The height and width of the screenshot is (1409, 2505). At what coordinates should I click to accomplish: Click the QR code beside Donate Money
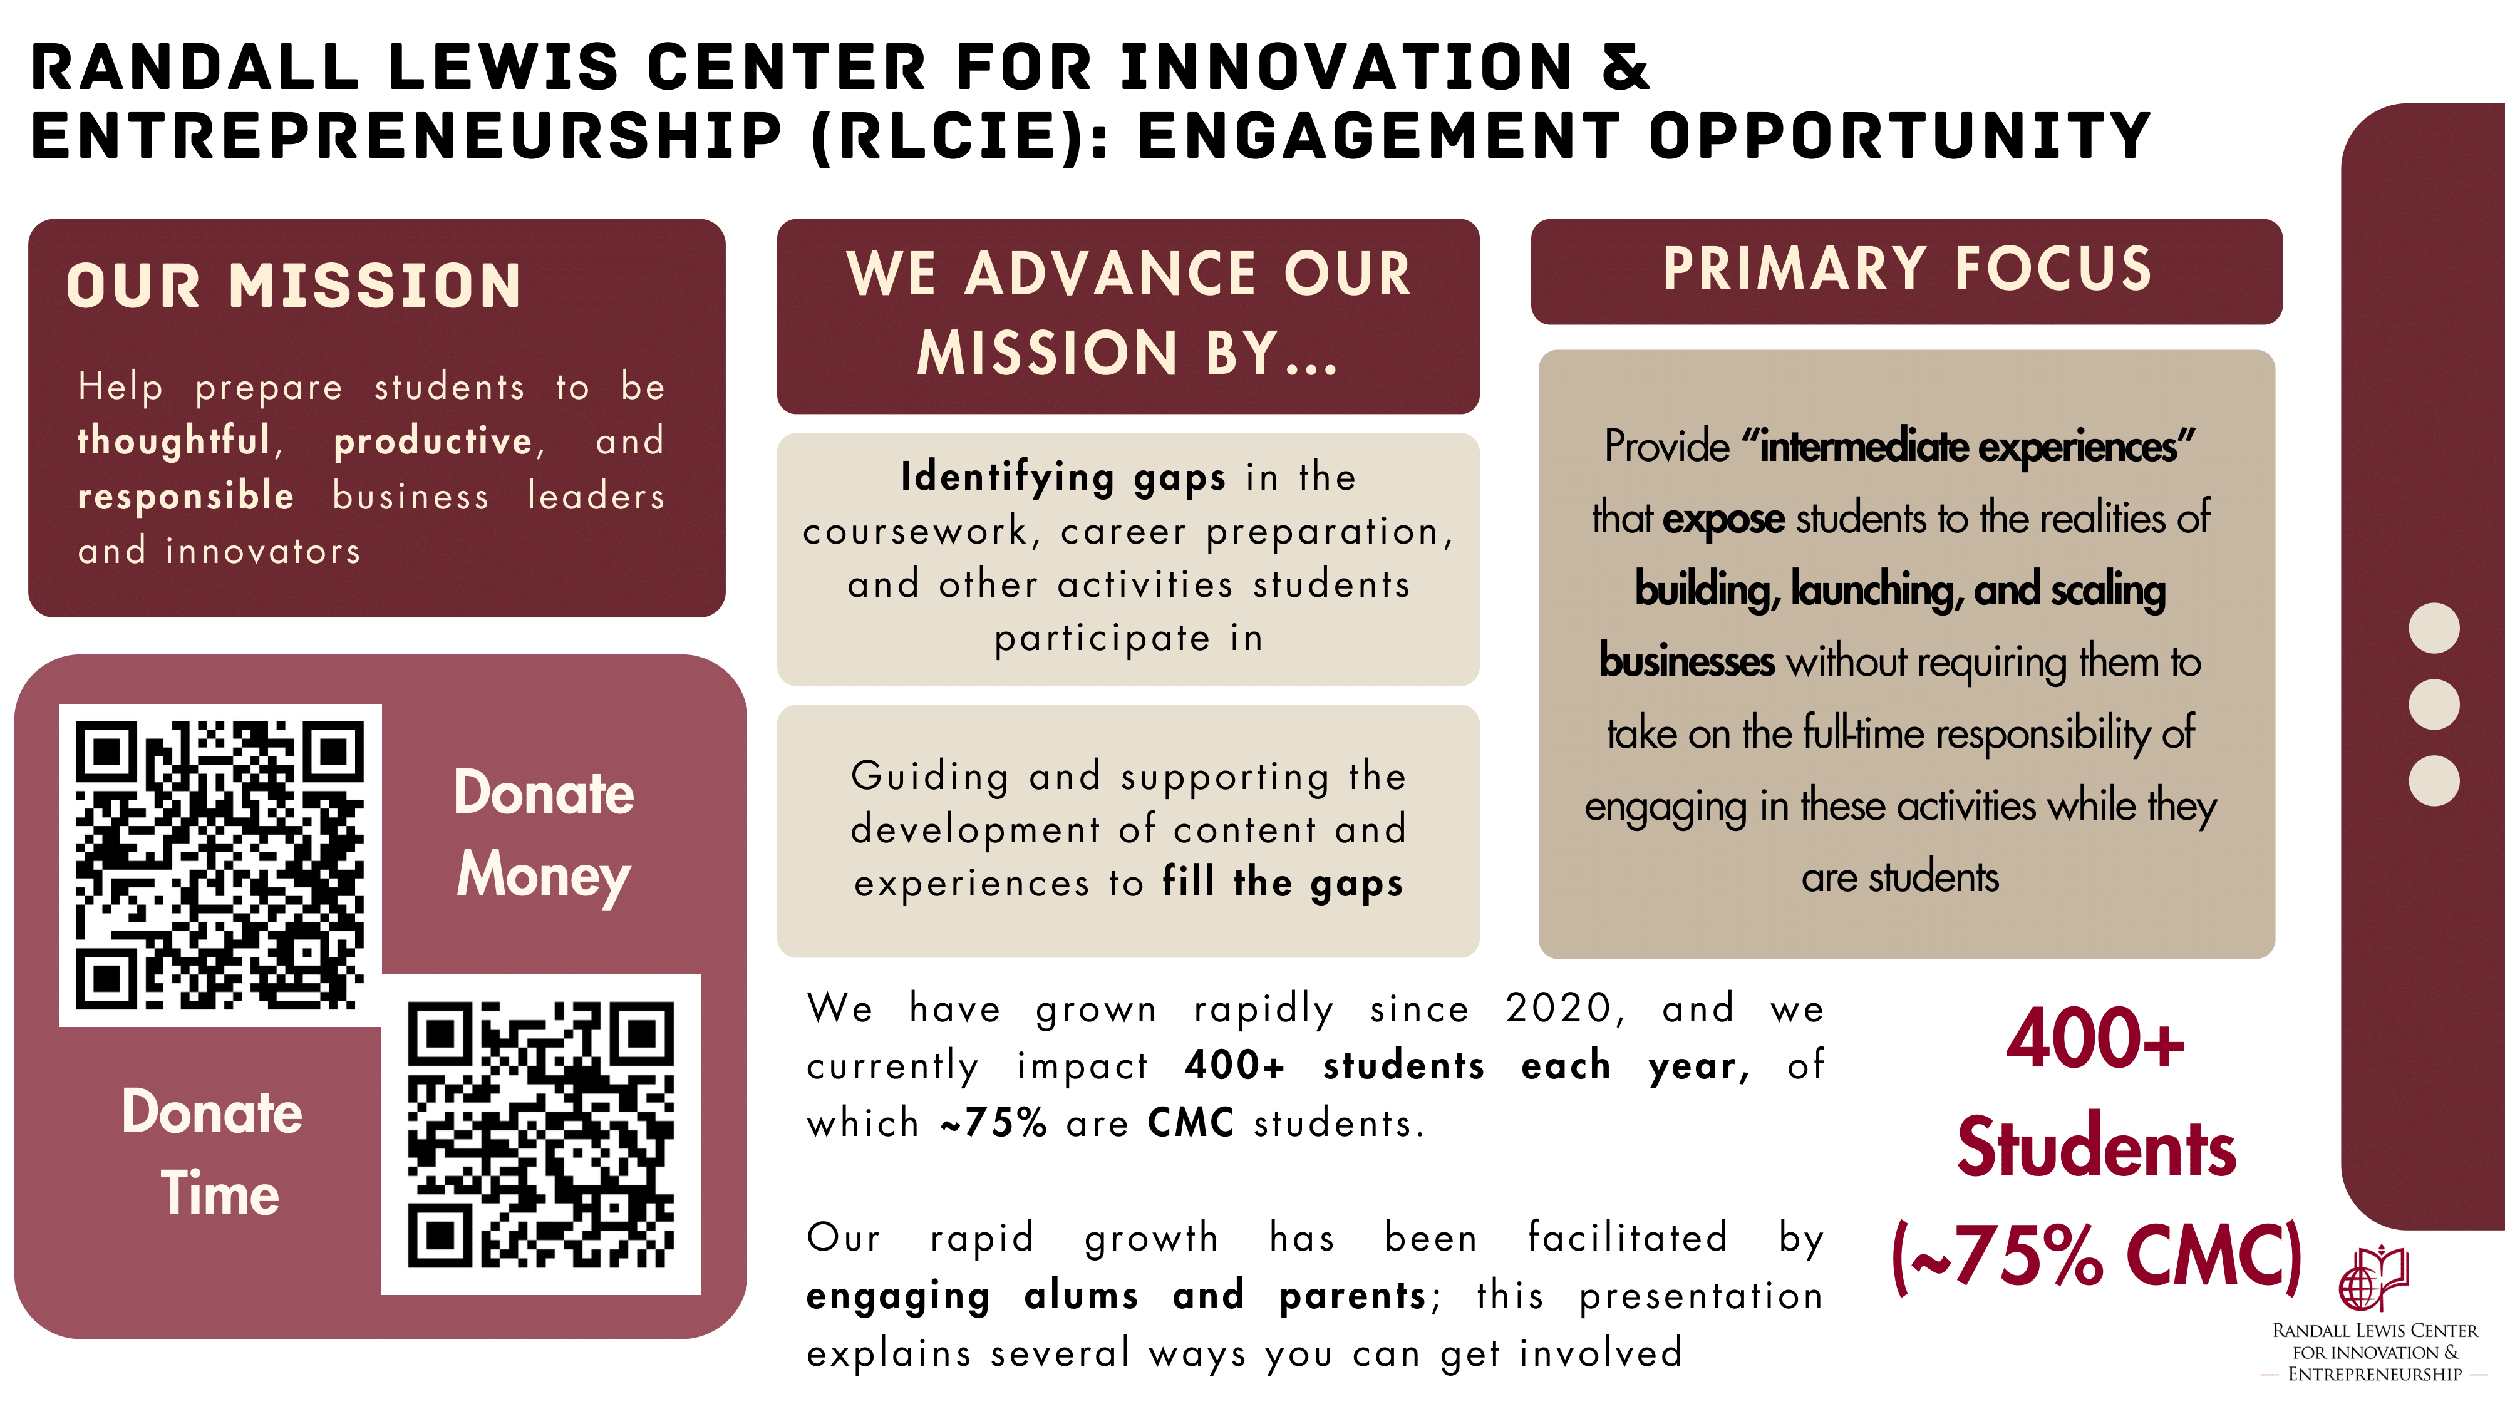(x=220, y=864)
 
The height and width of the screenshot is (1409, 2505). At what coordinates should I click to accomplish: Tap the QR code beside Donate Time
(x=540, y=1134)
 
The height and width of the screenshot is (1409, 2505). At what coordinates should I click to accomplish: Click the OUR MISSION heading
(x=294, y=286)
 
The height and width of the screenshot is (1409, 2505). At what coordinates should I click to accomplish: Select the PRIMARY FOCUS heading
(x=1907, y=269)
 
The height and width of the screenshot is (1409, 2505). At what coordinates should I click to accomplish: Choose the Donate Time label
(x=213, y=1152)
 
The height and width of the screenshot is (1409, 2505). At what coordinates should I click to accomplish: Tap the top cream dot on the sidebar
(x=2434, y=628)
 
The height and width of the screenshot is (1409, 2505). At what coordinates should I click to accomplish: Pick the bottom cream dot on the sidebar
(x=2434, y=781)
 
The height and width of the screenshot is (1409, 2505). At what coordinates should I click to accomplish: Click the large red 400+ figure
(x=2095, y=1038)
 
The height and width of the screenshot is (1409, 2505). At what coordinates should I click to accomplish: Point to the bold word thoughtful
(x=174, y=440)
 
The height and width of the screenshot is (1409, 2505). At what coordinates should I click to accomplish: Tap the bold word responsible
(x=186, y=496)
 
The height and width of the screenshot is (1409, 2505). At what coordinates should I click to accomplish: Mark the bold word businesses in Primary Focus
(x=1686, y=661)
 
